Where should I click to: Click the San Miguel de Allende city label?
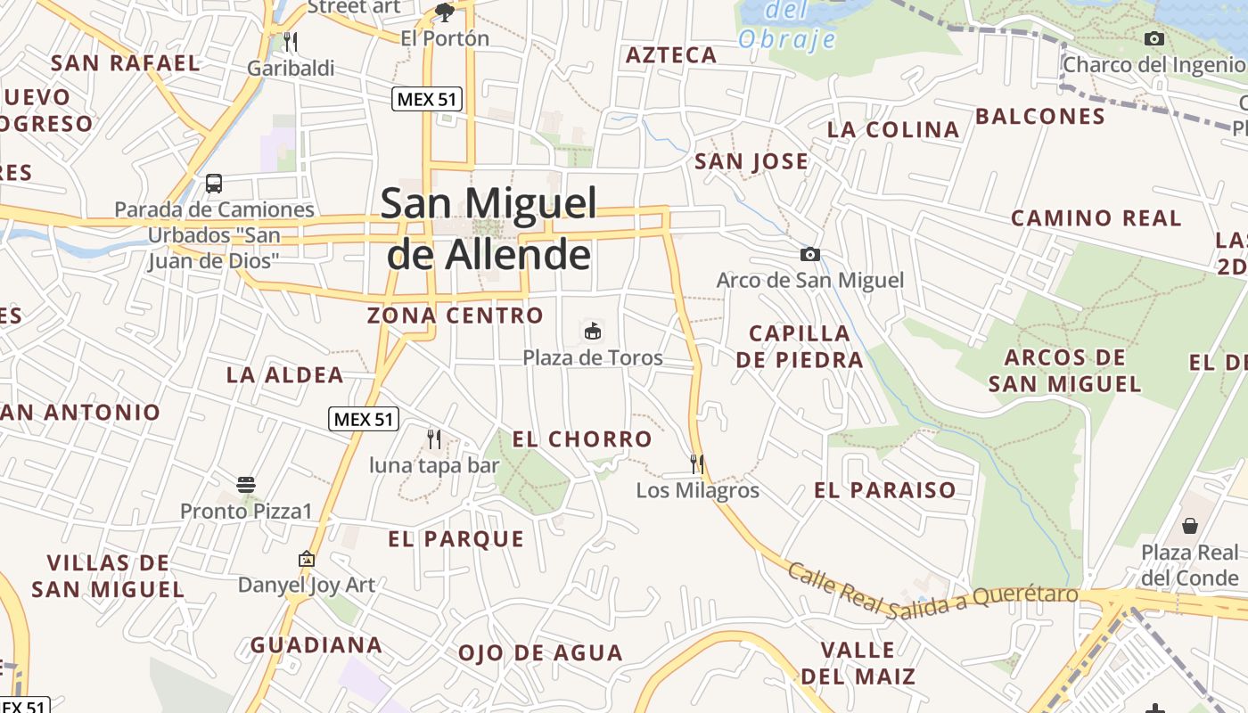tap(489, 229)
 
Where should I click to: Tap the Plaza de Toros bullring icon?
tap(592, 332)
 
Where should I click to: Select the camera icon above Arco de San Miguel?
tap(809, 255)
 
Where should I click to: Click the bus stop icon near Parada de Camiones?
tap(214, 184)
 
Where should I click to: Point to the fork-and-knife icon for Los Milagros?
tap(697, 463)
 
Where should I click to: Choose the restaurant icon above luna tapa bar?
tap(434, 438)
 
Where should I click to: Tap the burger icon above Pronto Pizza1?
tap(246, 485)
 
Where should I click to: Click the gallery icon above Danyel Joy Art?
tap(307, 559)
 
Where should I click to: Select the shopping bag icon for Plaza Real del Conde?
tap(1190, 525)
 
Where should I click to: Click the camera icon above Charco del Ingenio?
tap(1154, 38)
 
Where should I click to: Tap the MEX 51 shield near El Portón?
tap(428, 99)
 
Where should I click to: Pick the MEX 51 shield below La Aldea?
tap(364, 419)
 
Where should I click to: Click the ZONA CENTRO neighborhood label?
tap(455, 316)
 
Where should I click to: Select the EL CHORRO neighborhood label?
tap(582, 439)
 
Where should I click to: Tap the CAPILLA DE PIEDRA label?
tap(800, 347)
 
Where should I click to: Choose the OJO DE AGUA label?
tap(540, 653)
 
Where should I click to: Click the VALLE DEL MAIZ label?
tap(858, 663)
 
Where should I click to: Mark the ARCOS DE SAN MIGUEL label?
tap(1064, 371)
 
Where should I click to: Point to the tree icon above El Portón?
tap(444, 12)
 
